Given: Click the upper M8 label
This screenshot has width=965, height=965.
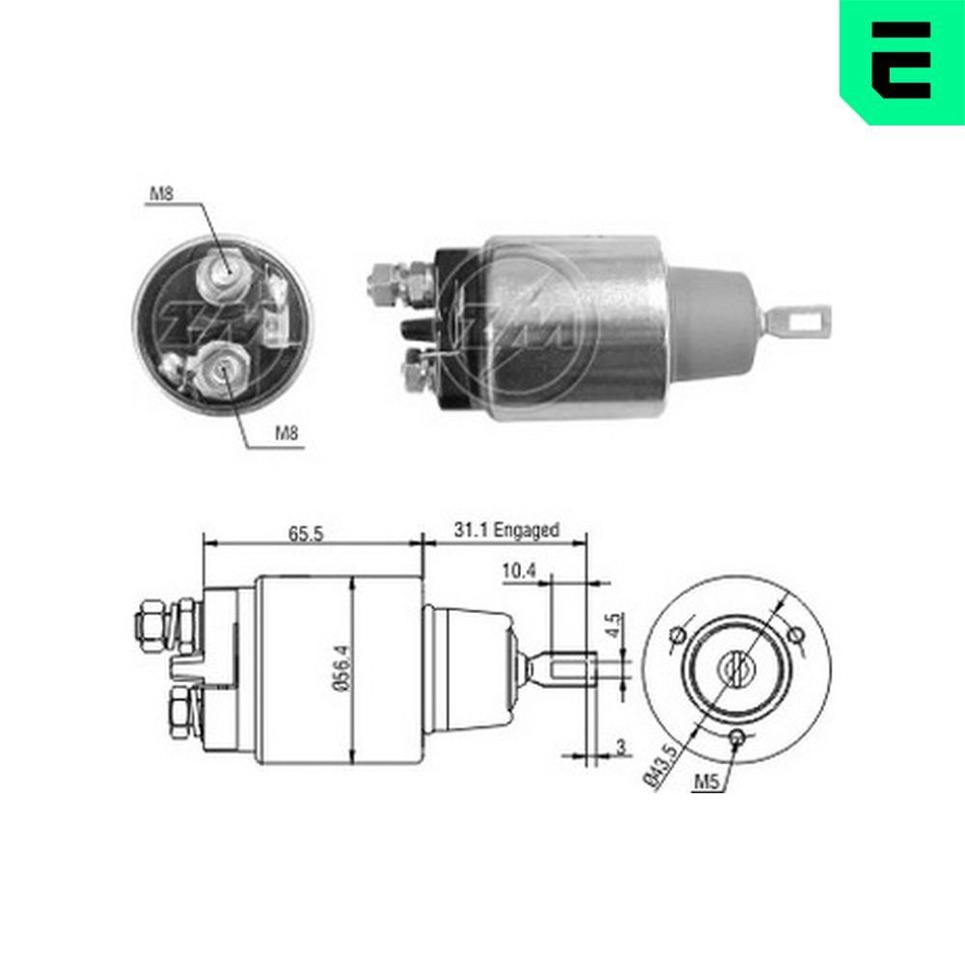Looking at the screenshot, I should pos(160,195).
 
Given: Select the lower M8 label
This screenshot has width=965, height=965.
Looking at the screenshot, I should pos(288,434).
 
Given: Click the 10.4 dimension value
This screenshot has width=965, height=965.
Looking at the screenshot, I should pos(518,571).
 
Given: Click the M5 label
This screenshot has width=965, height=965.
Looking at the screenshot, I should pos(706,784).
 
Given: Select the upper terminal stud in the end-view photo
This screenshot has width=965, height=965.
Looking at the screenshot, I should pos(224,274).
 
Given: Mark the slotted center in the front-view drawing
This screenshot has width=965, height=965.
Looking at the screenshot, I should pos(737,665).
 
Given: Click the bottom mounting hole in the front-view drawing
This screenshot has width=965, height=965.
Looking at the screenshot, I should pos(738,738).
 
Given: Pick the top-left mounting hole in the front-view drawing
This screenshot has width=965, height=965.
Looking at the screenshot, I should pos(677,635).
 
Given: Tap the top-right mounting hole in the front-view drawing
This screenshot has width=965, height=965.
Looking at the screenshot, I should pos(797,634).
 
